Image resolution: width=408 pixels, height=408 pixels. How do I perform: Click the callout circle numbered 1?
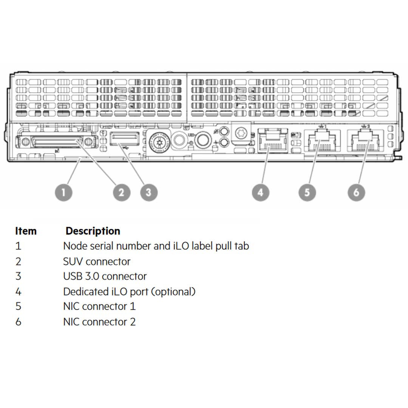[63, 192]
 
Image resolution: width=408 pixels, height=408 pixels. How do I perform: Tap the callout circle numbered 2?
[122, 192]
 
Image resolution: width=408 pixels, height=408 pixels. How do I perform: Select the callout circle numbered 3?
[148, 192]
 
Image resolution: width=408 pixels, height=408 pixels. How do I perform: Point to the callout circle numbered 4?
[260, 192]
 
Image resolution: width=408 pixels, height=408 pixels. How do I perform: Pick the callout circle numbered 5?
[307, 192]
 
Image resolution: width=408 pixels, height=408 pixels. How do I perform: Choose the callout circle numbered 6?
[356, 192]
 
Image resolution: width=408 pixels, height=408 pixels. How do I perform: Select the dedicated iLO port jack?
[272, 141]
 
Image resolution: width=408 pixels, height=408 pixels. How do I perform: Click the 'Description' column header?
[93, 231]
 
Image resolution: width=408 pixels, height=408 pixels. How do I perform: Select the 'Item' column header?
[26, 231]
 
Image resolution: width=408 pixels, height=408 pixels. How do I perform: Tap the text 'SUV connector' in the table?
[97, 261]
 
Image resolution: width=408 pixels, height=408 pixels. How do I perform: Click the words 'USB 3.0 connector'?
[105, 276]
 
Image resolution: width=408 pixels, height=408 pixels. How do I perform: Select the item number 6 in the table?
[18, 322]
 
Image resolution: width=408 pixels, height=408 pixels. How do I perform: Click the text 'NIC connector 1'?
[99, 306]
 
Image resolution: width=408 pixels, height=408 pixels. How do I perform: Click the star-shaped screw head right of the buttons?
[241, 133]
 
